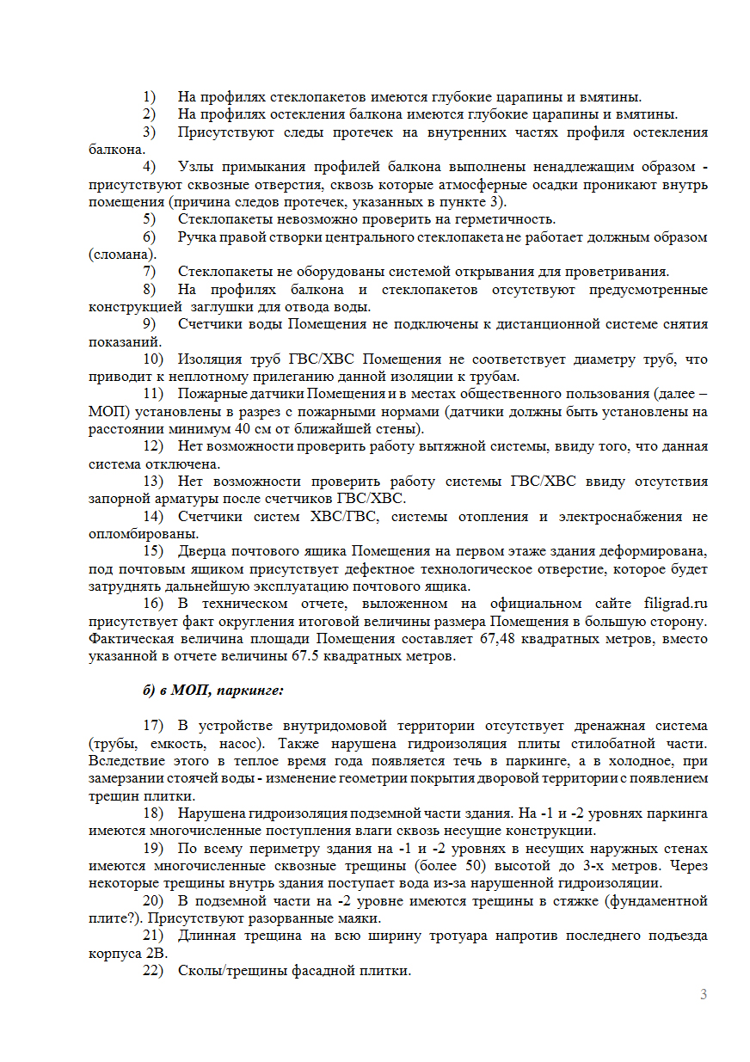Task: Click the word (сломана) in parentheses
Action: pyautogui.click(x=123, y=255)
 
